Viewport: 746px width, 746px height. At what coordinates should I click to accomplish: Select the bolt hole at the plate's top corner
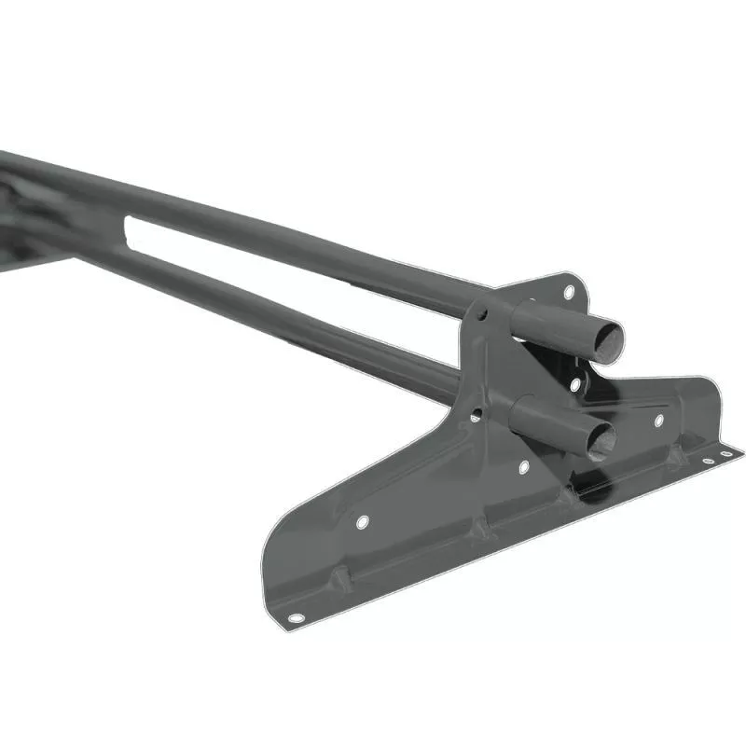569,292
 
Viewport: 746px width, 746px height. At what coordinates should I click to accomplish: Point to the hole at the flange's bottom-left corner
296,617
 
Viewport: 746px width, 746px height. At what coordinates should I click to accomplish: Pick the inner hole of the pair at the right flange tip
710,461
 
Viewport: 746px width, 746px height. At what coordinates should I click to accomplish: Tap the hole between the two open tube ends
575,383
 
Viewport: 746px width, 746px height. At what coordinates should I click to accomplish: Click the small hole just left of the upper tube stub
483,317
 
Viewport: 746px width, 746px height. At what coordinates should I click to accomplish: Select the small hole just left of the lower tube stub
477,413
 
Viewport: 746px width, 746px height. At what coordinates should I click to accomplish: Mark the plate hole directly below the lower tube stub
523,466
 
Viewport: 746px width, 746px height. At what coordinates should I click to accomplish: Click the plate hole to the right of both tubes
658,421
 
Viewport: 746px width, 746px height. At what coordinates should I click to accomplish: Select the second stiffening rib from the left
478,529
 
